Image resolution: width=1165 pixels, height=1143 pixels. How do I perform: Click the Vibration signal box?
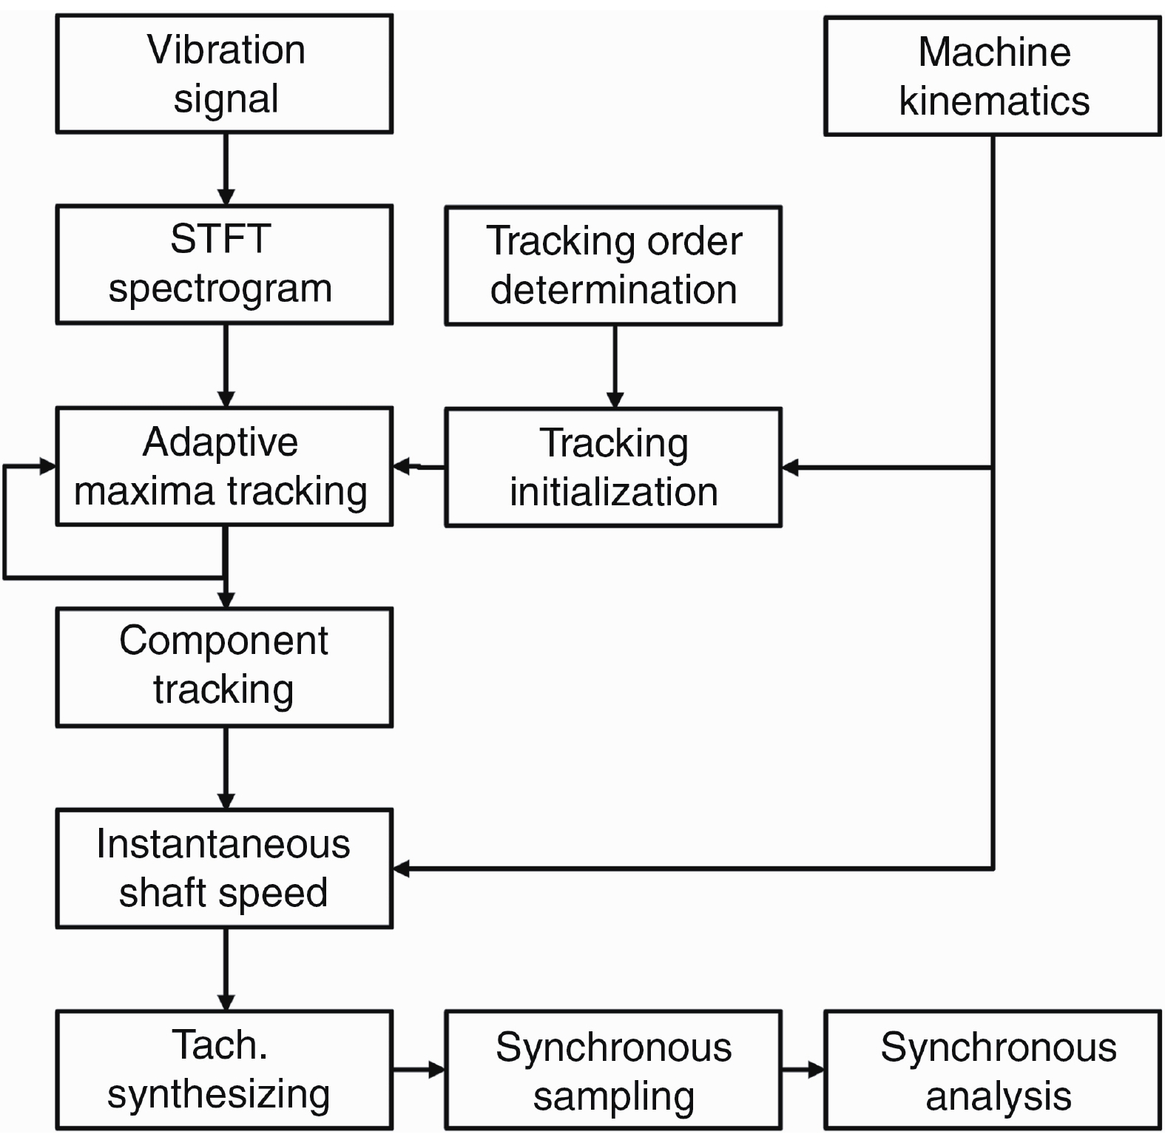point(224,74)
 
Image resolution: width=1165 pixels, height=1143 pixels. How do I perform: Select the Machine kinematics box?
point(993,76)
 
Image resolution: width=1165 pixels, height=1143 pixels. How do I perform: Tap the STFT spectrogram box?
point(224,264)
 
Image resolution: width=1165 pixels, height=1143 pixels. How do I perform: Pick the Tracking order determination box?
point(613,266)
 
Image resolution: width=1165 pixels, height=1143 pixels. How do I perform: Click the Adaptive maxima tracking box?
point(224,466)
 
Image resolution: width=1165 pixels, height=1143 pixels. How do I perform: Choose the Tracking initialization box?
point(613,467)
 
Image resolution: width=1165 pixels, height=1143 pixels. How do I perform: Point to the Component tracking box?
point(224,667)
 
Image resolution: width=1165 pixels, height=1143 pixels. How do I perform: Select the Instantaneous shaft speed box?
point(224,869)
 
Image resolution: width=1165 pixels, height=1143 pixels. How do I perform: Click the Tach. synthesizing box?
point(224,1070)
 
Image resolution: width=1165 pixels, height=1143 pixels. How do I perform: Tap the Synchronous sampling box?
point(613,1070)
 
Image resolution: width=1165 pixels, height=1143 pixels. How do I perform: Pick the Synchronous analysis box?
point(993,1070)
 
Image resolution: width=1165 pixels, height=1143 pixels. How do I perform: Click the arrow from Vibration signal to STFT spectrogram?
point(226,169)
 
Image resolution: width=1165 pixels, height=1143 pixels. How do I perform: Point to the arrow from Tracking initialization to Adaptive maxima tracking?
point(419,467)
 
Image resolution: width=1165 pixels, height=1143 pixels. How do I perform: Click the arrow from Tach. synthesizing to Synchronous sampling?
point(419,1070)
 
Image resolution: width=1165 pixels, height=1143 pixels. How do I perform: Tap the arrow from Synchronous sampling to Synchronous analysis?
point(803,1070)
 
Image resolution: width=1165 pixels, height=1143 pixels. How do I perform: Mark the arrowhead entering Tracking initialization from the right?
point(790,468)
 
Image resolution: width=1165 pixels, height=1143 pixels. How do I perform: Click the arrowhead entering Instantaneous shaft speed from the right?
point(402,868)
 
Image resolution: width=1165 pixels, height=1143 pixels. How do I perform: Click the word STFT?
point(220,240)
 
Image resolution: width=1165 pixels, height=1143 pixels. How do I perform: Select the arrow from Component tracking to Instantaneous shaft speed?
point(226,768)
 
